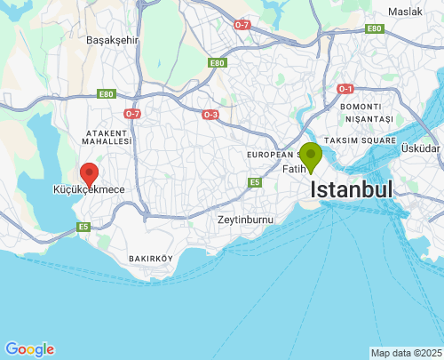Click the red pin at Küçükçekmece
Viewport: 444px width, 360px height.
(x=89, y=173)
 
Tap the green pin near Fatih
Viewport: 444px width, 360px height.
(x=310, y=156)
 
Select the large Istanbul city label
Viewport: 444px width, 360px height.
(x=352, y=189)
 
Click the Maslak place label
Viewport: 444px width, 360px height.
(x=405, y=12)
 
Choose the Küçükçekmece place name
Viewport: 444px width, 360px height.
(x=89, y=190)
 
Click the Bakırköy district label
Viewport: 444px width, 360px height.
(x=149, y=259)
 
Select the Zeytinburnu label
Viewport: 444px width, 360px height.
(x=245, y=220)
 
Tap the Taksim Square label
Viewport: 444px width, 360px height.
(x=360, y=140)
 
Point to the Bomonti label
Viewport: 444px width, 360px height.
(x=360, y=107)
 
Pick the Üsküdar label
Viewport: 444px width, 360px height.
(x=420, y=148)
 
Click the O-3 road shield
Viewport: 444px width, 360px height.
(x=210, y=115)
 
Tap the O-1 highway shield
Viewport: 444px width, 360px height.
(x=345, y=89)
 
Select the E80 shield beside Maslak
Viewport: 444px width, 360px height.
(x=373, y=28)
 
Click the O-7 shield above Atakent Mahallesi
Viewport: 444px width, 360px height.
(x=133, y=114)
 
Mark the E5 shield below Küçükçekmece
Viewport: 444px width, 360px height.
(x=83, y=227)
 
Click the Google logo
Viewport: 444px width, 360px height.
(x=29, y=349)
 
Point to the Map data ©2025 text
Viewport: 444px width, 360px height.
(x=406, y=353)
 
